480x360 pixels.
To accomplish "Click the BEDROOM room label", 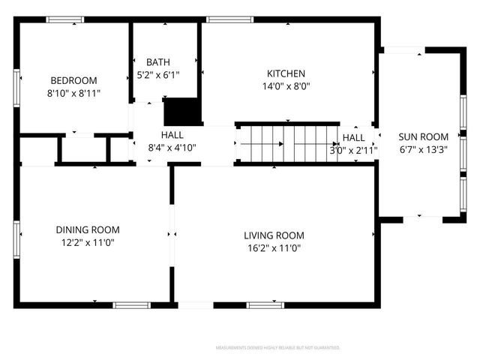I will (73, 80).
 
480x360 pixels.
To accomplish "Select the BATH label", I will (157, 62).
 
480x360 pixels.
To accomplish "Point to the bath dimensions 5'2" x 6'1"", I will (157, 74).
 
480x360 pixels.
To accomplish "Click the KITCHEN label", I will (286, 73).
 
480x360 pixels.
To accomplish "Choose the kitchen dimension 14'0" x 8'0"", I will (286, 86).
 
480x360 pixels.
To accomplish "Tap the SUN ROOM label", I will (423, 136).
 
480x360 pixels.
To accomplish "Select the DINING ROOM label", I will (88, 229).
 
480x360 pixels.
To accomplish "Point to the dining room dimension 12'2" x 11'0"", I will (88, 242).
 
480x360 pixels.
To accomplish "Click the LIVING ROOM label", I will (274, 235).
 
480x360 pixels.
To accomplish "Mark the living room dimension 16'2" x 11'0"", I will (274, 248).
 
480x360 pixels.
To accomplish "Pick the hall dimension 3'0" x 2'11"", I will (353, 150).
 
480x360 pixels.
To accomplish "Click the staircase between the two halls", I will (289, 142).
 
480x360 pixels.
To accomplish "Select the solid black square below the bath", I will (181, 112).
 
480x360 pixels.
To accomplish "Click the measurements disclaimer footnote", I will (277, 348).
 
